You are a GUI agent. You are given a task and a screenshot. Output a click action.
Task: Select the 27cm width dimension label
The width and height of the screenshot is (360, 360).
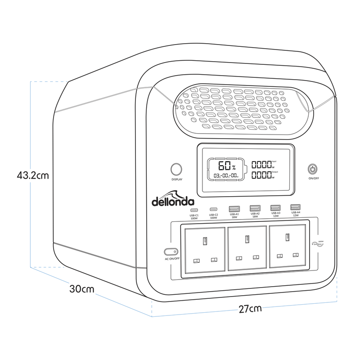pyautogui.click(x=250, y=309)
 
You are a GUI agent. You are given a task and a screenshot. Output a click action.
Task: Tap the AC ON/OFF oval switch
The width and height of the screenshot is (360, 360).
pyautogui.click(x=170, y=252)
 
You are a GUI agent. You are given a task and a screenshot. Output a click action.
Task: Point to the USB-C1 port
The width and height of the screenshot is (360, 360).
pyautogui.click(x=194, y=210)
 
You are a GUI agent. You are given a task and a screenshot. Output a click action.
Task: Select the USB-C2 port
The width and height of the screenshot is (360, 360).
pyautogui.click(x=214, y=209)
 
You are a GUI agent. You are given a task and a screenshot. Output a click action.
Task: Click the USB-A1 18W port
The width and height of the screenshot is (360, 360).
pyautogui.click(x=234, y=208)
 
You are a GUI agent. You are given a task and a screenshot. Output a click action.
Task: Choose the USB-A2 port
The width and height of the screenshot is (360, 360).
pyautogui.click(x=254, y=208)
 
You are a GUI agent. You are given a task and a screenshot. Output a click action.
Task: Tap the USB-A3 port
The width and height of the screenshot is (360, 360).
pyautogui.click(x=275, y=207)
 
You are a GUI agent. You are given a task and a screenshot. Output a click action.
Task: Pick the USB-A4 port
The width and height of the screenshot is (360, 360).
pyautogui.click(x=295, y=207)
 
